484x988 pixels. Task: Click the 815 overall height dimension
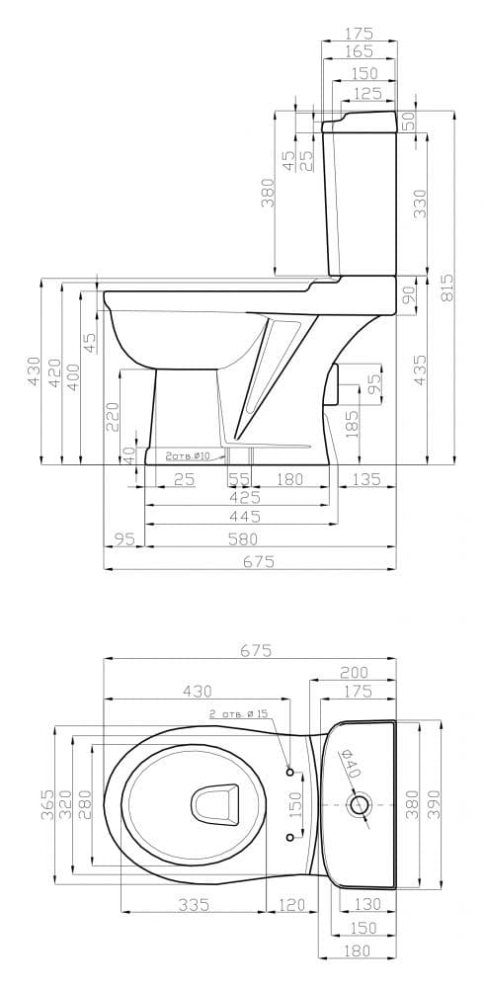pyautogui.click(x=446, y=288)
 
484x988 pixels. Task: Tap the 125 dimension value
pyautogui.click(x=368, y=94)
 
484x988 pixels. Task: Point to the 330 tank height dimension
pyautogui.click(x=420, y=204)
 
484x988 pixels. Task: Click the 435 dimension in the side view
pyautogui.click(x=420, y=370)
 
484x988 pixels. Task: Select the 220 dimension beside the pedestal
pyautogui.click(x=113, y=417)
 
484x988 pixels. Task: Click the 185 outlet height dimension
pyautogui.click(x=352, y=424)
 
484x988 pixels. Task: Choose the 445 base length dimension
pyautogui.click(x=245, y=518)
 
